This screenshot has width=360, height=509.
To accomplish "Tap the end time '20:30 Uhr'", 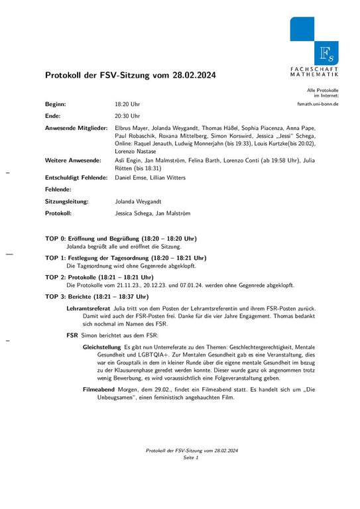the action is click(127, 115).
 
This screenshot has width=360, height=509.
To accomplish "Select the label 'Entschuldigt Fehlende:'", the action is click(76, 178).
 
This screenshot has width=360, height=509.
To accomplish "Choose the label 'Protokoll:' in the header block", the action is click(58, 213).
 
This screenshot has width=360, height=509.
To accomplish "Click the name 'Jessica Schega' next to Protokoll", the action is click(133, 213).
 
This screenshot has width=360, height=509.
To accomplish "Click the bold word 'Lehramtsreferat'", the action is click(88, 308).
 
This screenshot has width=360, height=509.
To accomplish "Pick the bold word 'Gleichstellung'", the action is click(102, 347).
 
